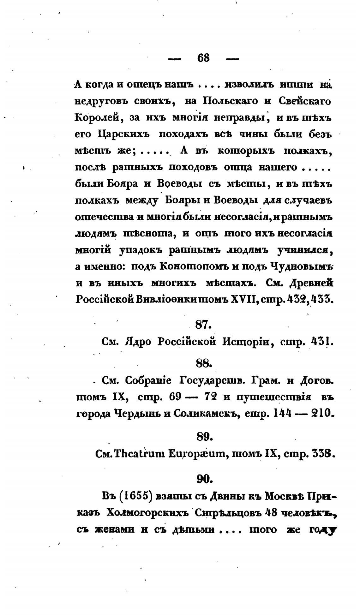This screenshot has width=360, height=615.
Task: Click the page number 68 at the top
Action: coord(203,58)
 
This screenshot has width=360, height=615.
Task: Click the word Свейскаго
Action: coord(305,101)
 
